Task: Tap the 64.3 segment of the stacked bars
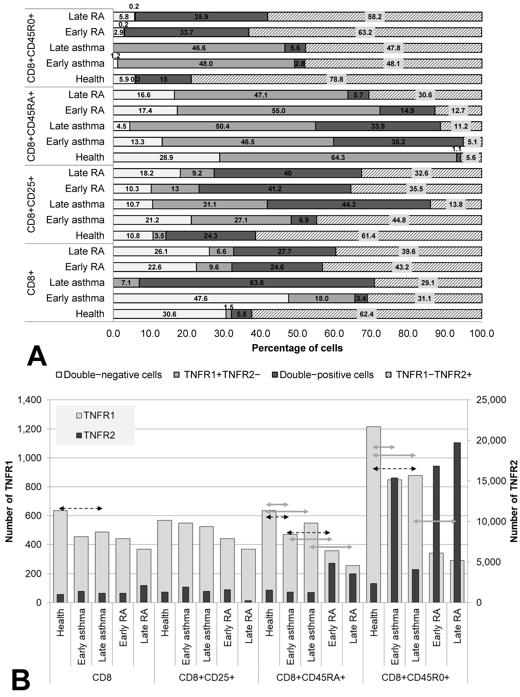[338, 157]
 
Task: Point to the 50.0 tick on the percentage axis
[297, 333]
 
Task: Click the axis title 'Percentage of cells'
[297, 348]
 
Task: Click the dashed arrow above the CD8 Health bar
[81, 508]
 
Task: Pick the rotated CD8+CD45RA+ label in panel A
[31, 126]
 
